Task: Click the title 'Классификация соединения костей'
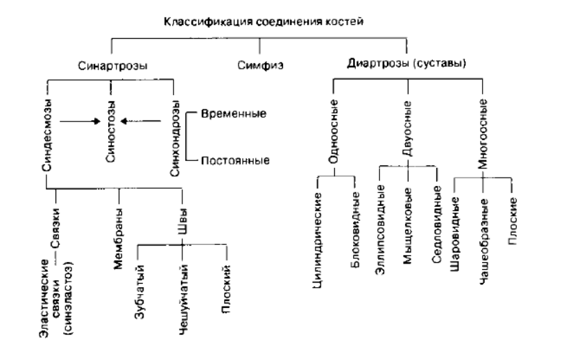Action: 262,22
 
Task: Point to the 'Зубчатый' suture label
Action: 140,291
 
